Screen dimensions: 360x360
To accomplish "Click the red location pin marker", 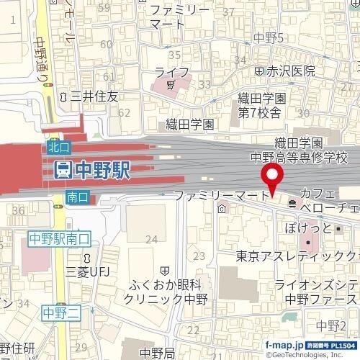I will point(272,177).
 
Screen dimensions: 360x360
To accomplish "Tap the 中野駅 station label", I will point(101,171).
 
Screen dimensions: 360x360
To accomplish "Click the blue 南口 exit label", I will point(76,197).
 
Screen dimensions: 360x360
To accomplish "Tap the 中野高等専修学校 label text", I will point(298,156).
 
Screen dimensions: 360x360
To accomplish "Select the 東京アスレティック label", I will point(295,256).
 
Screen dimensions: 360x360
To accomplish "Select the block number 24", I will point(151,239).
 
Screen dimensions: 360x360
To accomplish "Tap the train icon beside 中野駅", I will point(63,171).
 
